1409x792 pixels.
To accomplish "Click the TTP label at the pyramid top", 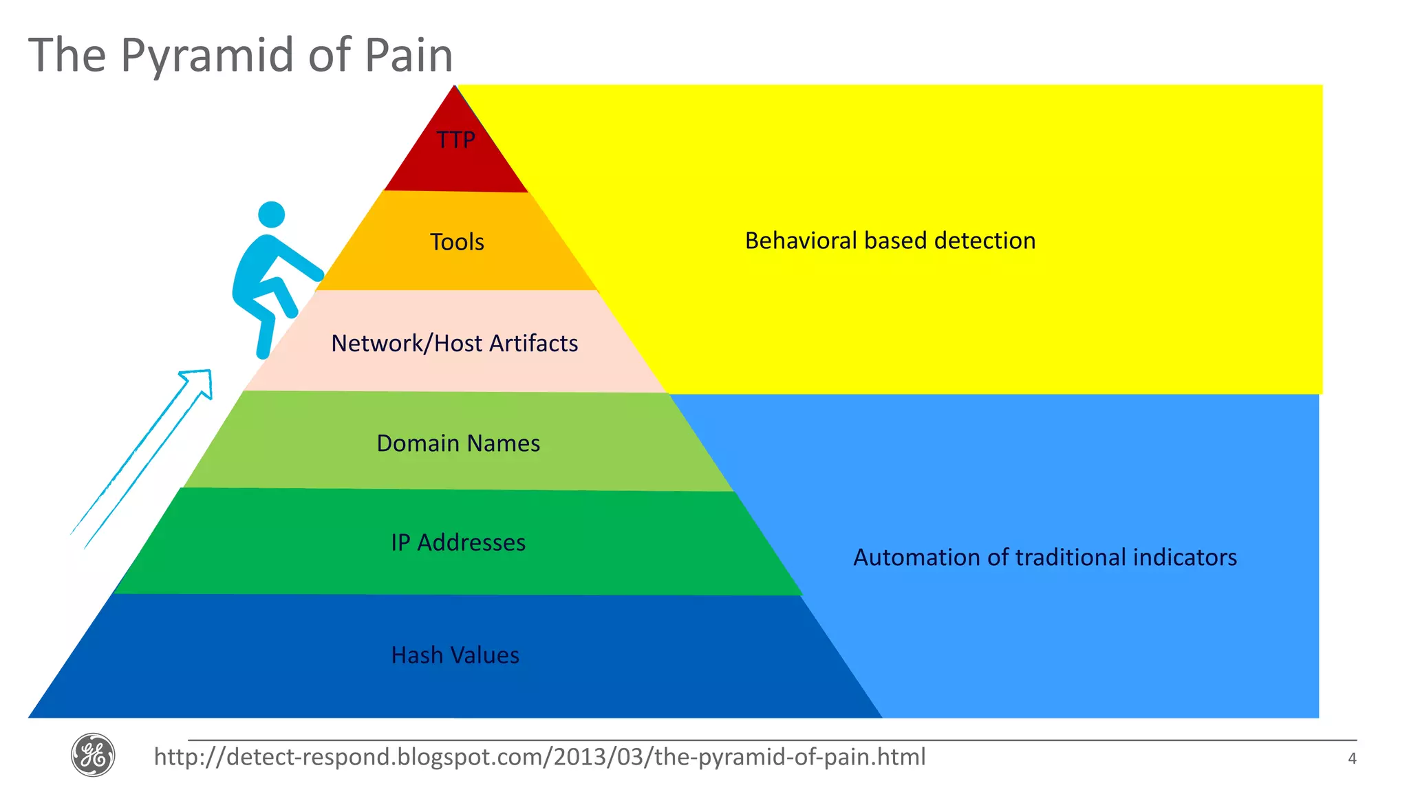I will [x=455, y=140].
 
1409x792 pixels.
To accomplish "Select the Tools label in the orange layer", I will [x=457, y=242].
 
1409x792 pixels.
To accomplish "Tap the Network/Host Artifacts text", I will [x=454, y=343].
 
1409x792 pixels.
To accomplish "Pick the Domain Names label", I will [x=458, y=443].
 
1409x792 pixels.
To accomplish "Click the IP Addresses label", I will [x=458, y=542].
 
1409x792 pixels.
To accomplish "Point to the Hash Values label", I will [x=455, y=655].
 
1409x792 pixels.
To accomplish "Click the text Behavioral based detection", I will [x=890, y=241].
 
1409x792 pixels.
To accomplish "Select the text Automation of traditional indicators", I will [x=1044, y=557].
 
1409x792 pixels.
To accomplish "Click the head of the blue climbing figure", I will [x=272, y=214].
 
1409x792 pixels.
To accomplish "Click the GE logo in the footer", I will [x=93, y=755].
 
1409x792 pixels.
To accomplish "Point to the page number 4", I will [x=1352, y=759].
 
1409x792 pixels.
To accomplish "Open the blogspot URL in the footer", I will [x=539, y=757].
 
